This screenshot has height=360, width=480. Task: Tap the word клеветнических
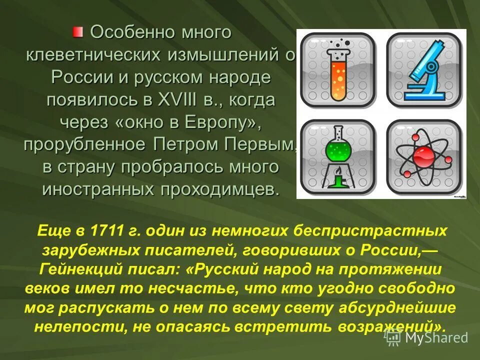[x=93, y=55]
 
